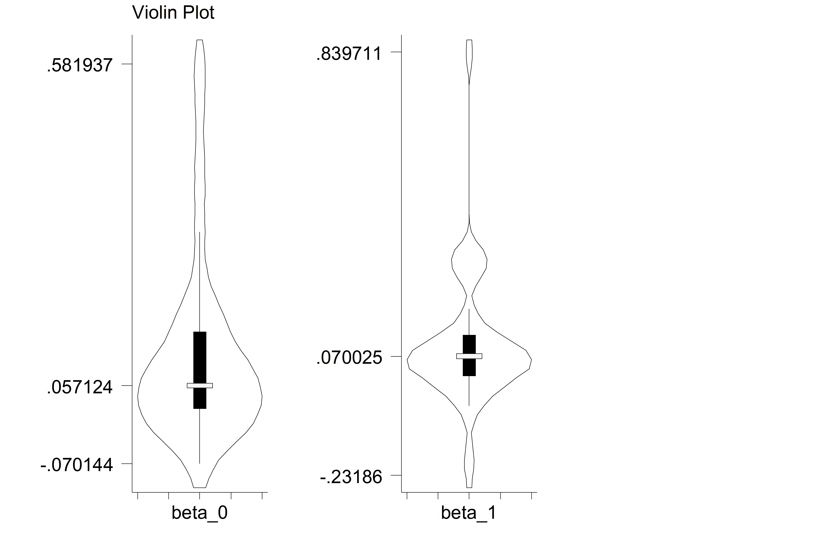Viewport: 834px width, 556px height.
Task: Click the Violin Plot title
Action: pos(173,13)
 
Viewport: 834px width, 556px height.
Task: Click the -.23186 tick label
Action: pos(351,477)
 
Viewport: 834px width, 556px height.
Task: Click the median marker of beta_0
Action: pos(200,385)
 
